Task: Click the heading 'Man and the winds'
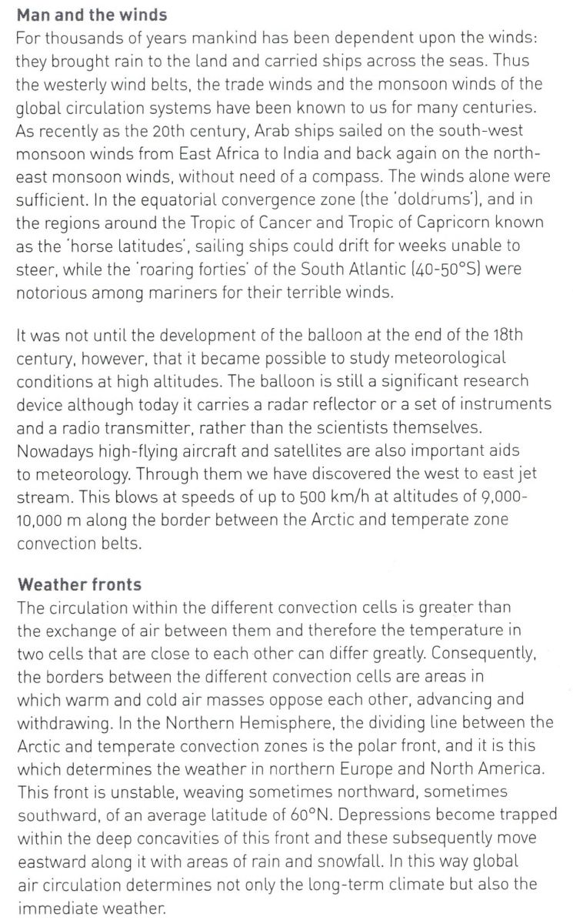pyautogui.click(x=92, y=15)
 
